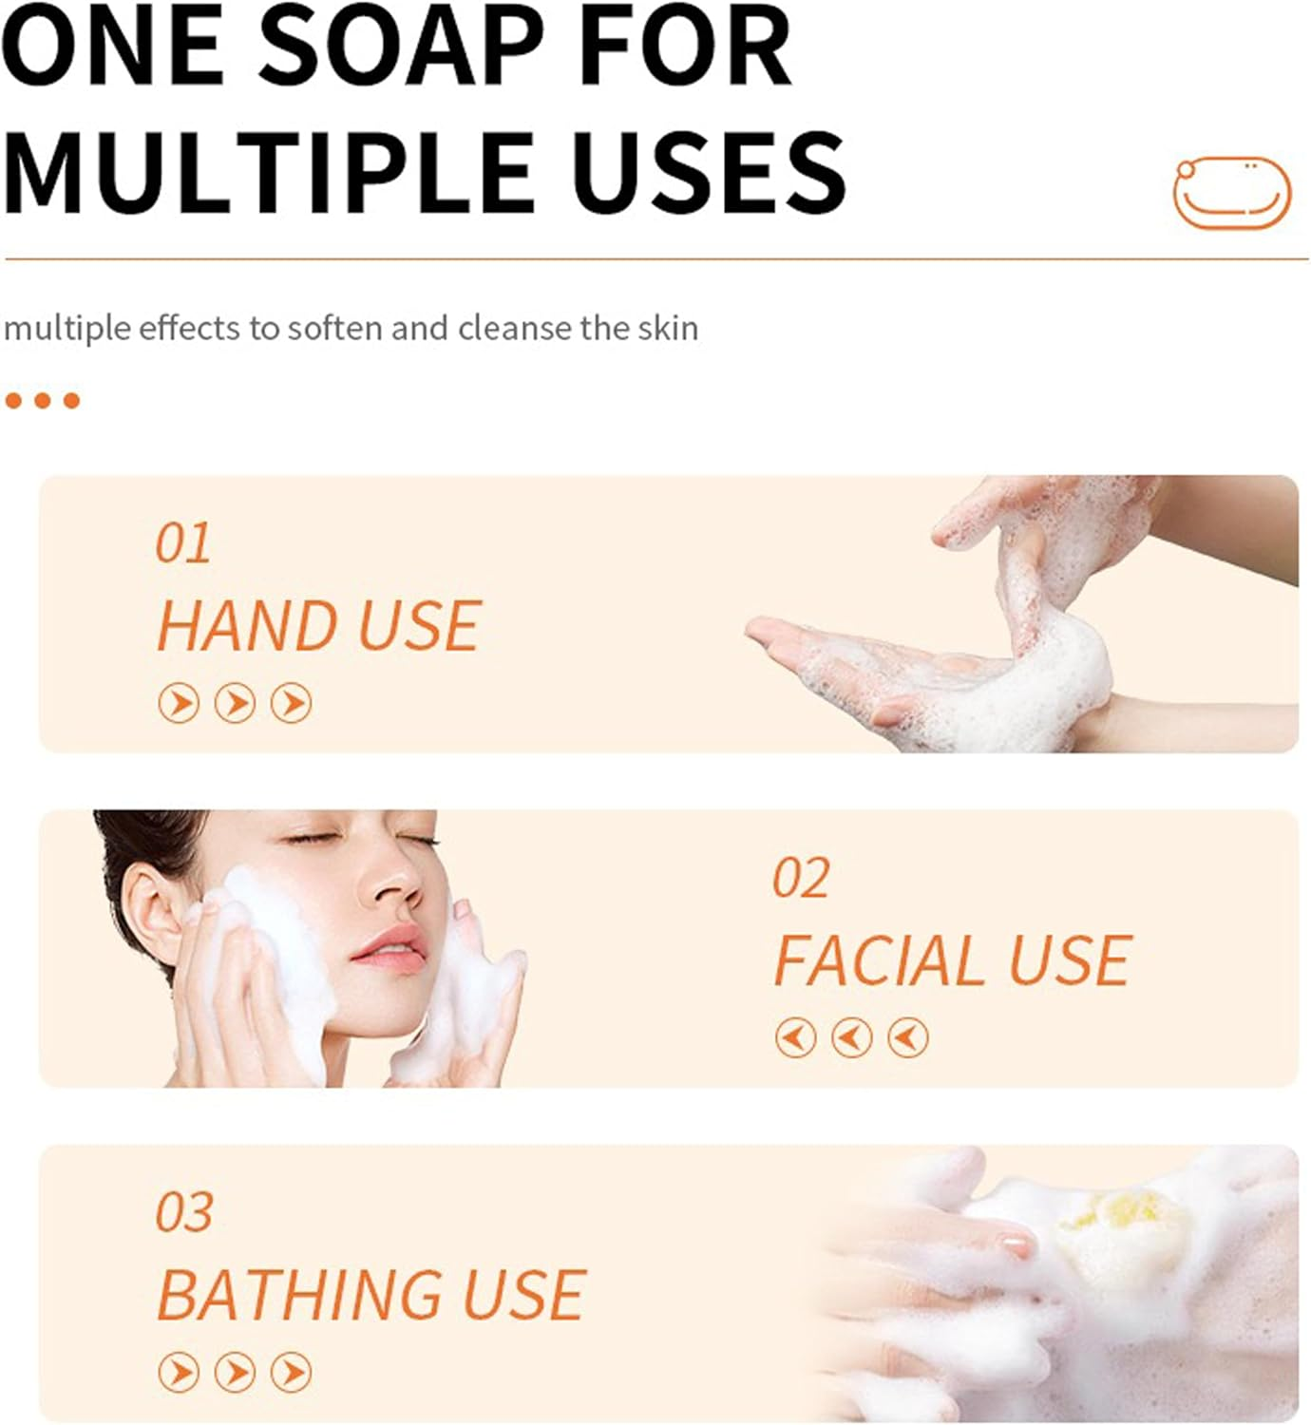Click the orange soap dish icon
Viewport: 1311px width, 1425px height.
1231,192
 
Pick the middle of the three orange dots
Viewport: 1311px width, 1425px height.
43,401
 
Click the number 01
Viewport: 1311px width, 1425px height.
183,543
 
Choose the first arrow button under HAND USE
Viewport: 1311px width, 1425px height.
179,703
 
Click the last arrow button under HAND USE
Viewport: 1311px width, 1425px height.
292,703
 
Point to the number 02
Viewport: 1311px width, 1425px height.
801,878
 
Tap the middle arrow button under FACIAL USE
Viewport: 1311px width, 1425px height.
852,1037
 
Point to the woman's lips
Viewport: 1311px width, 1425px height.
389,951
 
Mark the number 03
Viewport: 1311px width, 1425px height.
184,1212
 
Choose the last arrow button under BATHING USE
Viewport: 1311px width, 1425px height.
292,1372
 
